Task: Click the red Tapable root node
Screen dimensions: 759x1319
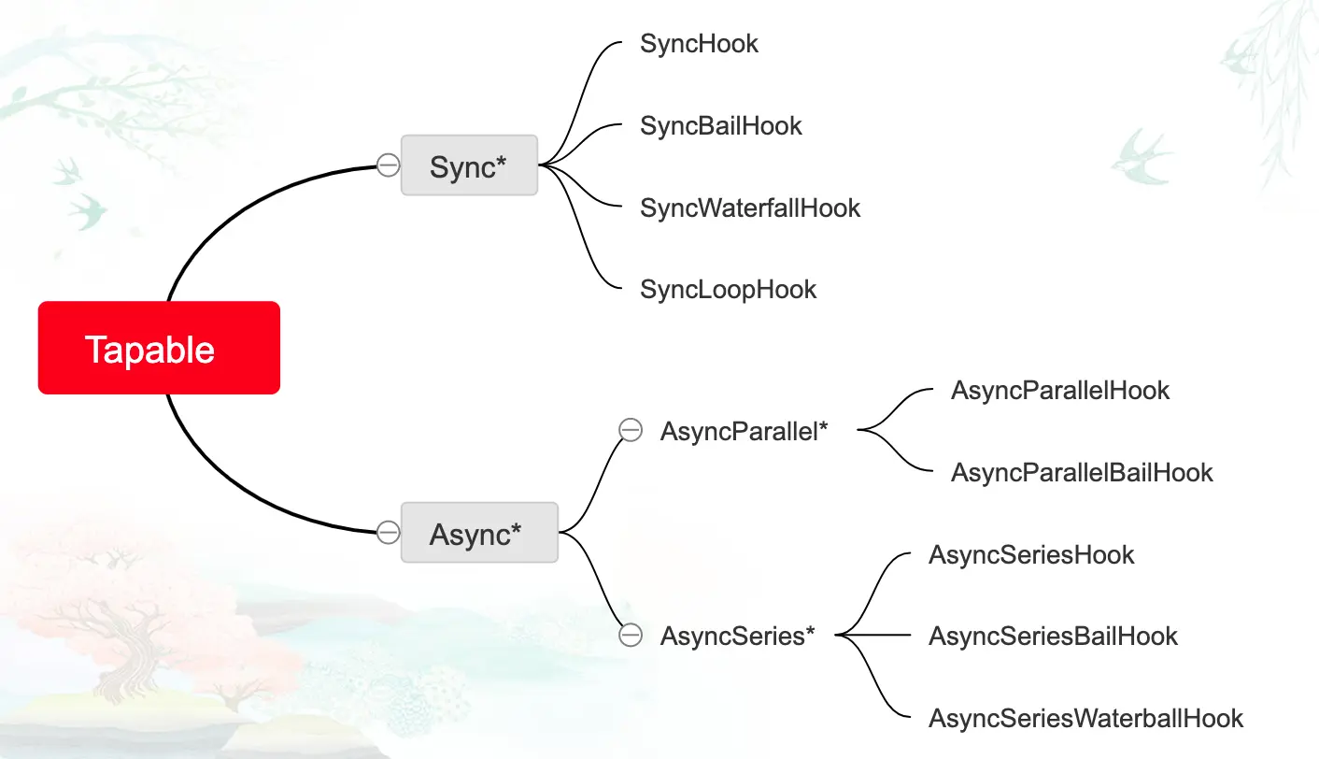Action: click(159, 348)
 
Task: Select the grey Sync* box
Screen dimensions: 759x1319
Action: click(469, 165)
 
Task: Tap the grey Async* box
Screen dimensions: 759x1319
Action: click(478, 533)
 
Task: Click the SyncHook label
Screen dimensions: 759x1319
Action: click(699, 43)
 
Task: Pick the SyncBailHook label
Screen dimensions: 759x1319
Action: click(720, 125)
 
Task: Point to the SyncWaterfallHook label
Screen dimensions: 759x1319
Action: click(749, 208)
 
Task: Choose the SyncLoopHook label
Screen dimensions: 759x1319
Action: click(728, 290)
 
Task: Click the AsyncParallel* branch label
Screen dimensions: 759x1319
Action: click(744, 431)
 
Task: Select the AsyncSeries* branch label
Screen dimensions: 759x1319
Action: click(737, 636)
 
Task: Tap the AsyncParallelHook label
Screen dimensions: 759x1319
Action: click(1059, 390)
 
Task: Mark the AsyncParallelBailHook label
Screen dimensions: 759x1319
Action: click(1081, 472)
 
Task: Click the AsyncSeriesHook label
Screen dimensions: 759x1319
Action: click(1030, 554)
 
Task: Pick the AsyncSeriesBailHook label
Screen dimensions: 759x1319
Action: click(1053, 637)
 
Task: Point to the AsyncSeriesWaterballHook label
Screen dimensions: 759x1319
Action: click(1085, 718)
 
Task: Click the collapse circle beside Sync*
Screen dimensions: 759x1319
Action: click(388, 165)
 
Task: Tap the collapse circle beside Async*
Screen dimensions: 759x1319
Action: click(388, 533)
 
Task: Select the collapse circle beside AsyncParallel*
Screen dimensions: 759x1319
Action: click(631, 430)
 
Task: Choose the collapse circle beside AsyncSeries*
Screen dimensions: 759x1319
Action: click(631, 636)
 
